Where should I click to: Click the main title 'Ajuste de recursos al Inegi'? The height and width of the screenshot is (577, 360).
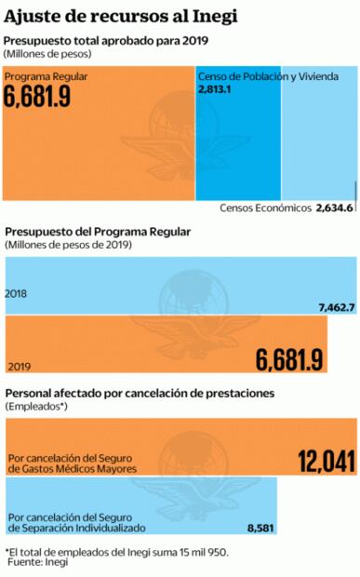pyautogui.click(x=120, y=16)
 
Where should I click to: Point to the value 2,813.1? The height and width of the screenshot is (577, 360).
pyautogui.click(x=215, y=88)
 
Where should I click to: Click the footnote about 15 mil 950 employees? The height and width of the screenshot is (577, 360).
pyautogui.click(x=116, y=552)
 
